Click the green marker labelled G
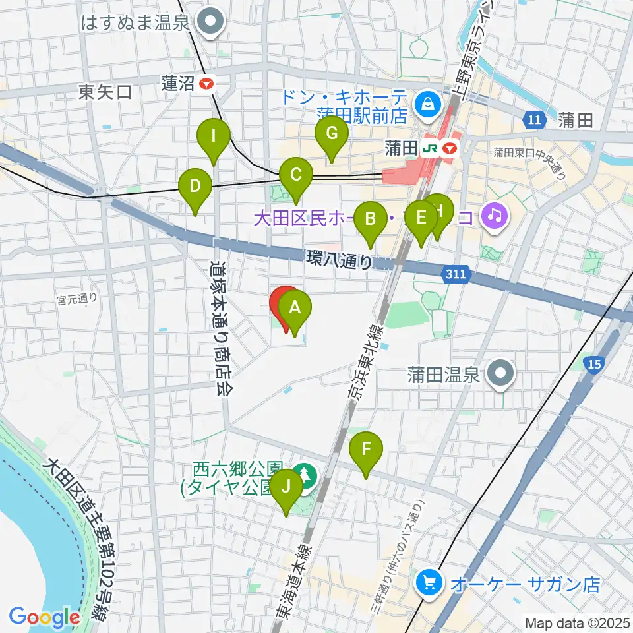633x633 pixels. coord(332,135)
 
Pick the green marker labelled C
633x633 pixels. coord(296,175)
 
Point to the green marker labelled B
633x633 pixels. coord(371,219)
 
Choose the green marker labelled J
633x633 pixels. coord(286,487)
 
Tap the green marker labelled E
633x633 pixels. coord(421,218)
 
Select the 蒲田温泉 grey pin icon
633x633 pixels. coord(500,375)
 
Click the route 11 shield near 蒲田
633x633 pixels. coord(535,119)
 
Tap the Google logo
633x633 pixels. coord(44,617)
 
